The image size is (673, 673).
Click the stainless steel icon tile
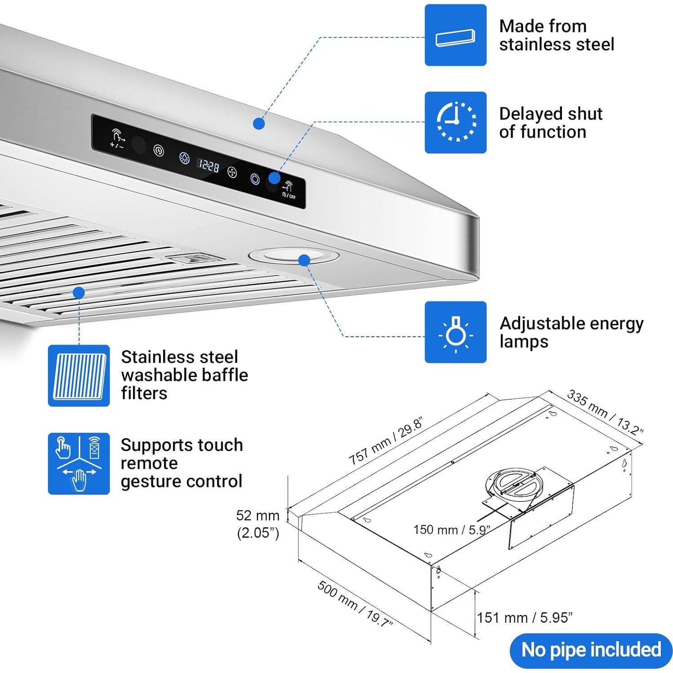coord(455,35)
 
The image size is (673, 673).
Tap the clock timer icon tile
coord(455,122)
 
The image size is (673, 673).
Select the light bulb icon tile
coord(455,332)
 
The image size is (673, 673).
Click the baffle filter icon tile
coord(79,376)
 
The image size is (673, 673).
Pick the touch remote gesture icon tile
coord(79,464)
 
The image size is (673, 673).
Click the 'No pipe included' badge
coord(591,650)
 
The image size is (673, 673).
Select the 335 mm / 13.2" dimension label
coord(605,412)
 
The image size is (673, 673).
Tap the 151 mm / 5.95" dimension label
coord(525,618)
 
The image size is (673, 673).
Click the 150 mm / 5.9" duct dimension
coord(451,530)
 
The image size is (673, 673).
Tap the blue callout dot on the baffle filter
coord(79,293)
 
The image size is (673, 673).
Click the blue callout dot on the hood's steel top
coord(259,123)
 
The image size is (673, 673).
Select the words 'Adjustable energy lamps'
coord(571,332)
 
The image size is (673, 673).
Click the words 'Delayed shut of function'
coord(551,123)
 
